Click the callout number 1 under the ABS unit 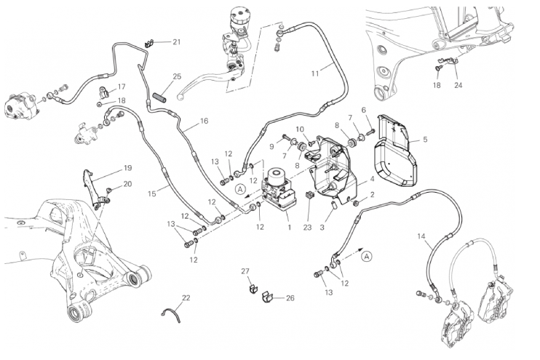coord(289,228)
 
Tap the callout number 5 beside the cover coord(425,139)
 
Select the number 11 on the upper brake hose coord(315,73)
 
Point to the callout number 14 coord(421,236)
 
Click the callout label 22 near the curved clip coord(186,298)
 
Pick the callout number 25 coord(177,76)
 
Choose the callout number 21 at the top coord(176,42)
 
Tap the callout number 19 coord(127,168)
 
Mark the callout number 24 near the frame coord(458,85)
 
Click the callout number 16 coord(204,121)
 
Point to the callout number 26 coord(290,298)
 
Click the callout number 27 coord(245,271)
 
